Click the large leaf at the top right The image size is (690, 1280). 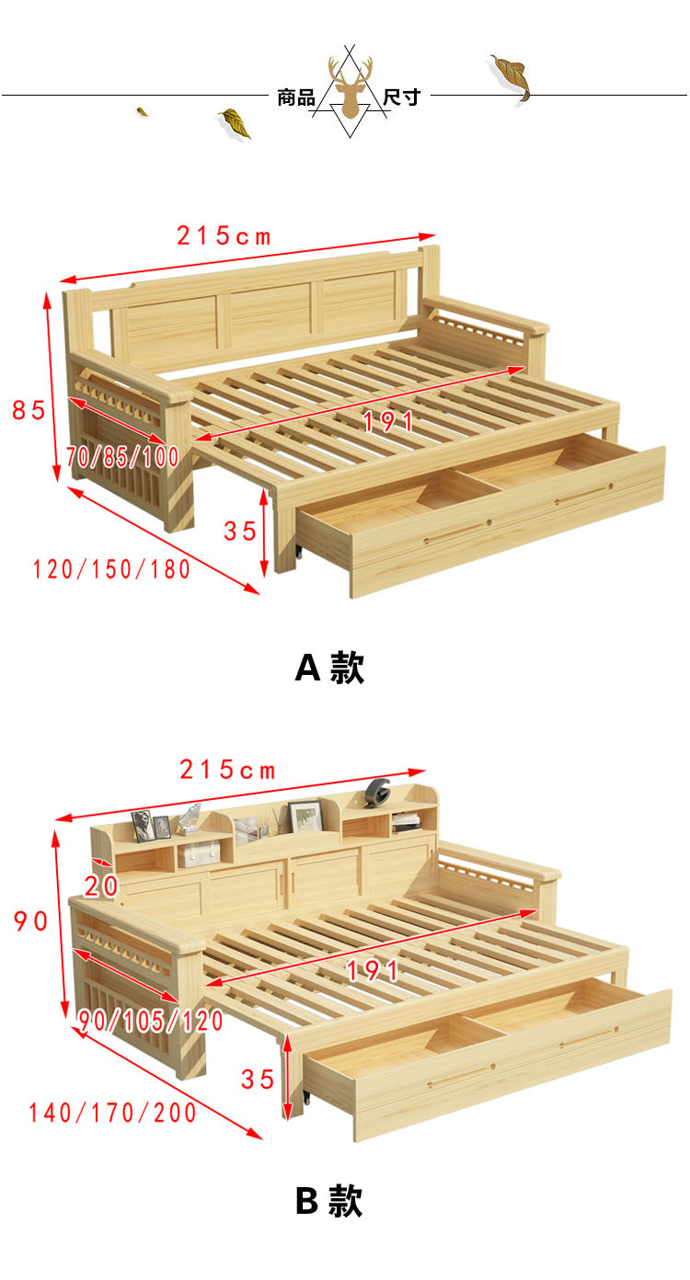point(512,77)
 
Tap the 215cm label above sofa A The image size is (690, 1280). point(224,236)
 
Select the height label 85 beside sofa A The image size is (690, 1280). point(29,410)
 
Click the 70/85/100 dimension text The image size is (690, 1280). point(122,457)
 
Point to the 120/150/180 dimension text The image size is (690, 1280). point(111,569)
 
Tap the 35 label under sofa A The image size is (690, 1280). point(240,531)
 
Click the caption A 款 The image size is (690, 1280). point(330,667)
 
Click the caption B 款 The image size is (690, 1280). point(329,1201)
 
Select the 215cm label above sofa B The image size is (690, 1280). point(227,770)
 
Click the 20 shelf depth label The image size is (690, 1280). point(101,886)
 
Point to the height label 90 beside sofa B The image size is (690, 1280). point(31,921)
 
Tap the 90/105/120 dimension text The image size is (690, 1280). point(151,1021)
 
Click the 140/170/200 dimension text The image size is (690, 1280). point(112,1114)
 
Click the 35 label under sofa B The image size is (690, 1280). point(258,1080)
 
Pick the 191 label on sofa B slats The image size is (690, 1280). point(373,971)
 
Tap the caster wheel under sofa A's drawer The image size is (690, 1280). point(298,551)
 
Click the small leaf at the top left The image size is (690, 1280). point(142,111)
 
